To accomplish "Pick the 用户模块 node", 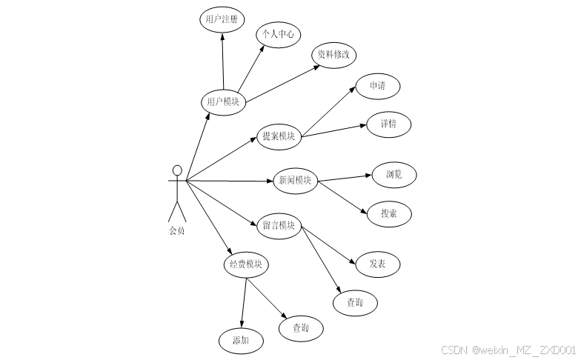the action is (223, 101).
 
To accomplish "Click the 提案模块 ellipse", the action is (279, 136).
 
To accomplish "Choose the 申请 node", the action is (377, 85).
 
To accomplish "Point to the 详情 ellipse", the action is (388, 124).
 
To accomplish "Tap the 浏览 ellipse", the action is (394, 175).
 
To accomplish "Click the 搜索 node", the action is (388, 213).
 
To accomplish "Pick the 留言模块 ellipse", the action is (279, 225).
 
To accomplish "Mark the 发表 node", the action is (377, 264).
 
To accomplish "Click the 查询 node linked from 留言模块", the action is (355, 302).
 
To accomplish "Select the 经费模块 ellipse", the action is (246, 264).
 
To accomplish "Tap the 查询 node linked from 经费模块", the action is (301, 327).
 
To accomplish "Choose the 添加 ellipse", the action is (240, 341).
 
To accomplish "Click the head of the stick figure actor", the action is (176, 168).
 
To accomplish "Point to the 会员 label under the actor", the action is (176, 230).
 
